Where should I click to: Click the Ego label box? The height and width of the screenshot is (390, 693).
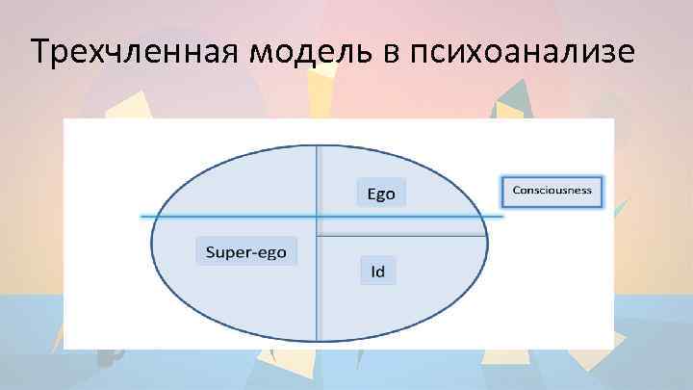pos(381,193)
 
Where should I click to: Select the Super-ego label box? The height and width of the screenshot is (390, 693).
pos(246,251)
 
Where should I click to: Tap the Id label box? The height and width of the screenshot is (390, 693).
pos(378,271)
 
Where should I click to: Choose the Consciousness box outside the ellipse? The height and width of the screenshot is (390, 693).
pos(552,190)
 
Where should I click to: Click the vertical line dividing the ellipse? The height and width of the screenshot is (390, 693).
pos(318,289)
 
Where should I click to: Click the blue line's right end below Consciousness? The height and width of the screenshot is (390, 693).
pos(501,217)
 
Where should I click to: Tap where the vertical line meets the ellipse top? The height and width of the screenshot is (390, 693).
pos(318,144)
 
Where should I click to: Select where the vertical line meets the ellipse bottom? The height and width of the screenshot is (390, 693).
pos(318,341)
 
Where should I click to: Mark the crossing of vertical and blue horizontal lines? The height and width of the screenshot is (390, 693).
pos(318,217)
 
